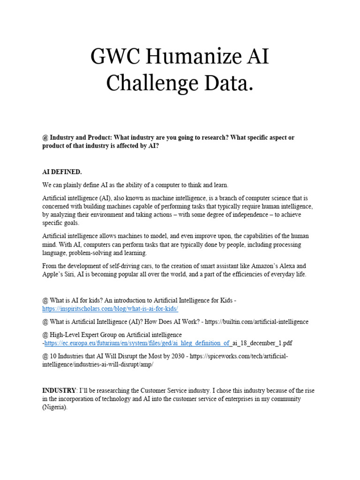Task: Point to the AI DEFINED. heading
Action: (62, 172)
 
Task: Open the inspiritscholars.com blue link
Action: (110, 309)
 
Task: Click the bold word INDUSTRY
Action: (59, 390)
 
